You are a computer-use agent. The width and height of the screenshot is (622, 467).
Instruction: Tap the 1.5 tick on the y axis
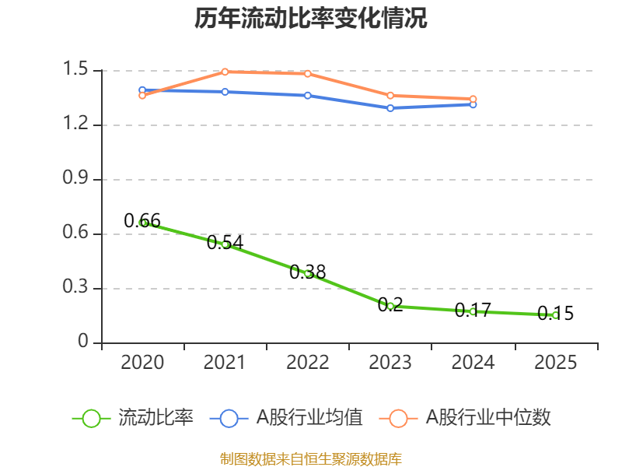[78, 70]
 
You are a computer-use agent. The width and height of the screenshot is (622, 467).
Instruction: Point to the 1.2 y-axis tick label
[78, 125]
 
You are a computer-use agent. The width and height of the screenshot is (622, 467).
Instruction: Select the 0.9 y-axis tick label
[78, 179]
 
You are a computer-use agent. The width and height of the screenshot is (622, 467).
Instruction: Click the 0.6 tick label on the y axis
[78, 233]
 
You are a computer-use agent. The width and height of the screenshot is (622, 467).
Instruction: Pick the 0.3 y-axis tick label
[78, 288]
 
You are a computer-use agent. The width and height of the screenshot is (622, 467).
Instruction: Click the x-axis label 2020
[143, 363]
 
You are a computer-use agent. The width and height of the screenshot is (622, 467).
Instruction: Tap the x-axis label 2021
[225, 363]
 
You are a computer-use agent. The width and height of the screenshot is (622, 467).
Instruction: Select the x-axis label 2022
[308, 363]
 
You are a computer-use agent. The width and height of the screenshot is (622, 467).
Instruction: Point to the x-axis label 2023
[390, 363]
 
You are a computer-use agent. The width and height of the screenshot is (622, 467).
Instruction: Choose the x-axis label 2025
[556, 363]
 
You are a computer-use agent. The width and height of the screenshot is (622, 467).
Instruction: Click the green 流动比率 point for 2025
[556, 315]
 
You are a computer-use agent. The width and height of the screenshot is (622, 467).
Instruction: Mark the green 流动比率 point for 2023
[390, 306]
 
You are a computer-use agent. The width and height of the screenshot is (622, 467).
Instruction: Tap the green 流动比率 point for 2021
[225, 244]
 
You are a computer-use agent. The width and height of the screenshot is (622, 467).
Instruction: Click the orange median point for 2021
[225, 72]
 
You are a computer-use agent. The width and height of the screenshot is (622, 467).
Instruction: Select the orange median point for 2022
[308, 73]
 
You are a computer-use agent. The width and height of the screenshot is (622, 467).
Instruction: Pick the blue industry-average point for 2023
[390, 108]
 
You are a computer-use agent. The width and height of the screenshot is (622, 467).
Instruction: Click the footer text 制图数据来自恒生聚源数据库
[311, 458]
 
